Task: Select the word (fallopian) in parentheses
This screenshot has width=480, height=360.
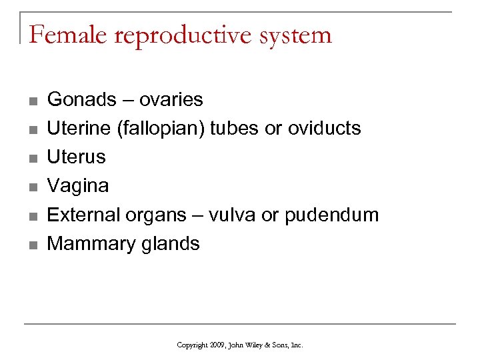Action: tap(161, 129)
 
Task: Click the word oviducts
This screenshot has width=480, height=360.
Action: tap(324, 129)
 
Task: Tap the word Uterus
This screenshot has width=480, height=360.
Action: tap(77, 157)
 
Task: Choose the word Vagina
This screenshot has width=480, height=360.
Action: tap(78, 186)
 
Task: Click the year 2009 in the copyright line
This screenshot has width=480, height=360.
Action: tap(217, 345)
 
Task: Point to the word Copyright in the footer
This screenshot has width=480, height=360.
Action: tap(191, 345)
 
